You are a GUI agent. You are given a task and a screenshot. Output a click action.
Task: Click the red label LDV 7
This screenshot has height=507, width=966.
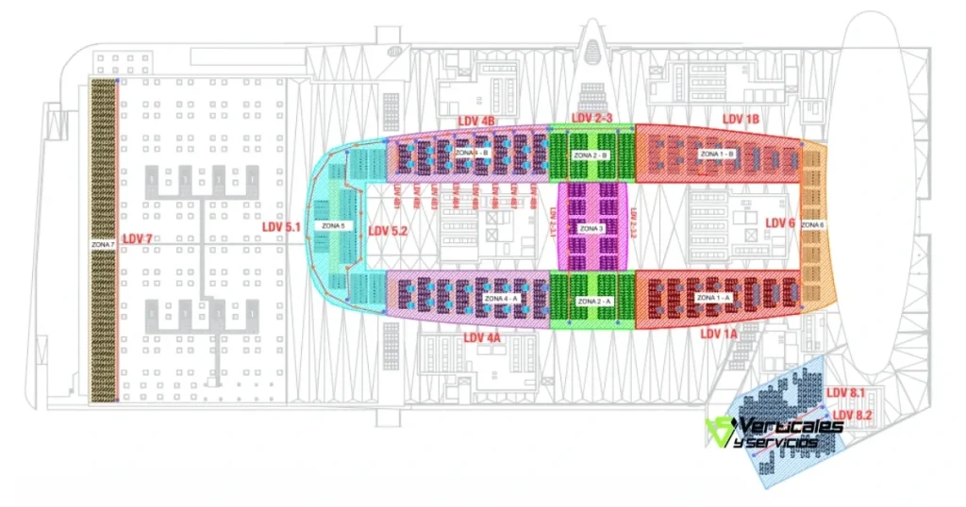[137, 239]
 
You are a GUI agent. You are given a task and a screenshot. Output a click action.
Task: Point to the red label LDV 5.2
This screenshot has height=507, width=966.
[387, 230]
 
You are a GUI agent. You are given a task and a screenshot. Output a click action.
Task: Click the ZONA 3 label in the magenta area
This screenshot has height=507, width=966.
[591, 229]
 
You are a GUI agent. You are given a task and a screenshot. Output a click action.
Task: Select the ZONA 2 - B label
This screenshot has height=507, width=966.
[591, 154]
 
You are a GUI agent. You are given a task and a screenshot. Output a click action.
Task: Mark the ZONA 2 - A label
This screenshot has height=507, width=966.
[591, 299]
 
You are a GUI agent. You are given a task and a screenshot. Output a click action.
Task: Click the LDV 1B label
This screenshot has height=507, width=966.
[741, 119]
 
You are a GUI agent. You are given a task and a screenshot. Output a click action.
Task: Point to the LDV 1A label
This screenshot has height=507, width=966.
[718, 334]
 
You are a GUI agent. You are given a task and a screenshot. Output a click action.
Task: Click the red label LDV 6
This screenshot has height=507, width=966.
[780, 222]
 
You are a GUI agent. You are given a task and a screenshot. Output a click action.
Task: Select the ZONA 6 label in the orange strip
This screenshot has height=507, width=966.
[812, 225]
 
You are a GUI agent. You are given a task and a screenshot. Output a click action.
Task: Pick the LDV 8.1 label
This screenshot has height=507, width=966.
[846, 392]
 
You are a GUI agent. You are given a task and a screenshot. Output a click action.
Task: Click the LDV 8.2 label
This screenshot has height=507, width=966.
[853, 415]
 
